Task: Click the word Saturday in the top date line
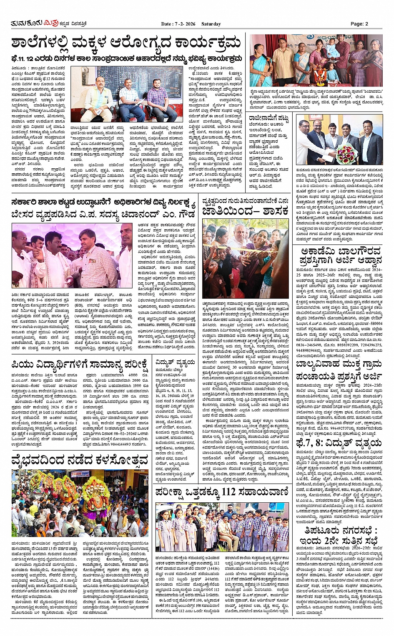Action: coord(211,24)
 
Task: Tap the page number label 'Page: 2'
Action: coord(359,24)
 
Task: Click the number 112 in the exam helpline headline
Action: coord(228,492)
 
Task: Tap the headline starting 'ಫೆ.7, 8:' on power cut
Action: coord(339,443)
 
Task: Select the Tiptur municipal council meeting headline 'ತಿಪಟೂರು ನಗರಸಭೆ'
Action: coord(339,537)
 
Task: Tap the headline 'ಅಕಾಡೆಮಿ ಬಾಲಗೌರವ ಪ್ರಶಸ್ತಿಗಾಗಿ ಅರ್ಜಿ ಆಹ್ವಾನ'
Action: coord(339,256)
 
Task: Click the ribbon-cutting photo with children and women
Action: coord(246,258)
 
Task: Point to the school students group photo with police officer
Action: coord(222,527)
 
